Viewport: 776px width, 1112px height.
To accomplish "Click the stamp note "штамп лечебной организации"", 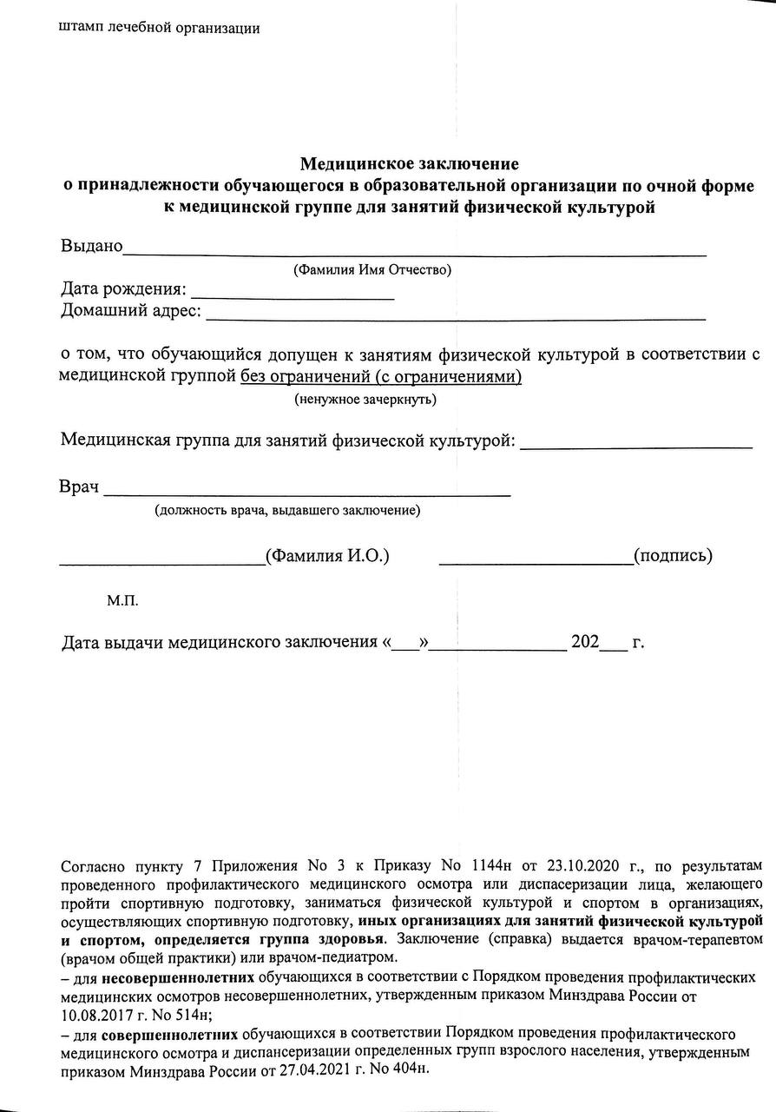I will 159,27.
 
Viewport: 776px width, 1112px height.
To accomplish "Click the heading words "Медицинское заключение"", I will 409,163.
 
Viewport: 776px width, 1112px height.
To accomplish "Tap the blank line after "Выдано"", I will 415,252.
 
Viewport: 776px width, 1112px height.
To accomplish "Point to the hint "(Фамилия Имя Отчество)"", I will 373,269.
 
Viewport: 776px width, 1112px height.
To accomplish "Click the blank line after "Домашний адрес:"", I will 455,317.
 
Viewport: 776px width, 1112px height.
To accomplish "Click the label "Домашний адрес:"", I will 130,310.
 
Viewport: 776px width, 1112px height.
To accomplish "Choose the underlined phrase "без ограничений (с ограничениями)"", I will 381,376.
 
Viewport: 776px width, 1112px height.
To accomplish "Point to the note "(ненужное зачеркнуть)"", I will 365,399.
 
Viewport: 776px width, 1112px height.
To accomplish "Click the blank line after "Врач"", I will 307,492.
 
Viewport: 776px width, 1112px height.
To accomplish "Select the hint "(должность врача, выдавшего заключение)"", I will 287,510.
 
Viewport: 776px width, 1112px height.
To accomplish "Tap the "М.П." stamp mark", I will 122,600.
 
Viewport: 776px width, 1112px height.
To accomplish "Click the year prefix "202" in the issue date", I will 584,644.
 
